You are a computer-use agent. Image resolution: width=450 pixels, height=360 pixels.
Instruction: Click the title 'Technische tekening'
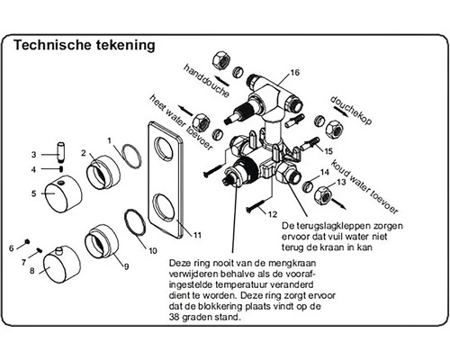click(x=85, y=45)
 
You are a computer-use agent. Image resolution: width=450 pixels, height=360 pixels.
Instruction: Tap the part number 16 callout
click(x=295, y=73)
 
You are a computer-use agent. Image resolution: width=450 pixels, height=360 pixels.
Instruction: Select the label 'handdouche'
click(x=206, y=80)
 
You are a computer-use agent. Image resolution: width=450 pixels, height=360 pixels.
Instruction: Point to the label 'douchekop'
click(x=351, y=110)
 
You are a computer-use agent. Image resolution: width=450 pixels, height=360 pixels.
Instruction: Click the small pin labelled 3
click(x=61, y=153)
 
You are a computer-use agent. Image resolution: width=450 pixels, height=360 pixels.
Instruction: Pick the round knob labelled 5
click(x=63, y=194)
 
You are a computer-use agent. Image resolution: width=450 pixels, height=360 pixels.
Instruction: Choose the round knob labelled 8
click(x=62, y=265)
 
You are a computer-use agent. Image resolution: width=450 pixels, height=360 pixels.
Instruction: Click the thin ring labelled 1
click(x=131, y=155)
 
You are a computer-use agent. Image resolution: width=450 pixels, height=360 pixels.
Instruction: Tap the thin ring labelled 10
click(x=135, y=222)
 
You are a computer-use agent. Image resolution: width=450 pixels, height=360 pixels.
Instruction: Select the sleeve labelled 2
click(x=103, y=173)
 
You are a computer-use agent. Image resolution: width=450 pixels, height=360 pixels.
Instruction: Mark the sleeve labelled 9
click(x=102, y=240)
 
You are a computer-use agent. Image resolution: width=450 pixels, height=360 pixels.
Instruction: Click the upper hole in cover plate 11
click(x=164, y=148)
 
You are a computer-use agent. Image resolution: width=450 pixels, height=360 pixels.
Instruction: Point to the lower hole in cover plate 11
click(x=164, y=207)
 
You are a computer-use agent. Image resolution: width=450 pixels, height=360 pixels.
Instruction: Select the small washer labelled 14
click(x=308, y=186)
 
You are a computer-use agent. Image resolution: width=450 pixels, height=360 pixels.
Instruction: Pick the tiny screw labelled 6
click(x=27, y=241)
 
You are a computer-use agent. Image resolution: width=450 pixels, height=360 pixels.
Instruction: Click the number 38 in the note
click(x=175, y=317)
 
